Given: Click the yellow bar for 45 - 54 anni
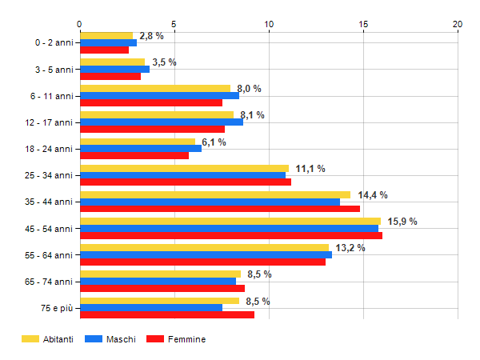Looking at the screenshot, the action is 230,221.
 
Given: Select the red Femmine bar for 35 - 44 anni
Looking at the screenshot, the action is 220,209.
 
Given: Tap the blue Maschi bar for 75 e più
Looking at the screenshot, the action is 151,308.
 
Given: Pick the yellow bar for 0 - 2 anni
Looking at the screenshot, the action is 106,35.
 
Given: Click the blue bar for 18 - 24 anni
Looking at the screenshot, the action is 141,149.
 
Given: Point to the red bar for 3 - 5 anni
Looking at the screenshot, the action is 110,76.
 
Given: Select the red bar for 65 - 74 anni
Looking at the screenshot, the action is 162,288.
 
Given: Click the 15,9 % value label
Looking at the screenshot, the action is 402,222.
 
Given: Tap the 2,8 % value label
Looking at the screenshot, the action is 151,36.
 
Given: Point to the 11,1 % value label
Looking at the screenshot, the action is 310,169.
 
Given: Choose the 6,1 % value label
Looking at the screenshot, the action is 214,142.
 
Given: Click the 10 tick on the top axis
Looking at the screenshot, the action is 269,24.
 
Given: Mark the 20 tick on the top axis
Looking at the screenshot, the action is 458,24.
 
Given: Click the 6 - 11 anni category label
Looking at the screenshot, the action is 52,96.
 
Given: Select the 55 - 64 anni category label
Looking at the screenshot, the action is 49,255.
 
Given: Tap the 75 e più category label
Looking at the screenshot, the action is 57,308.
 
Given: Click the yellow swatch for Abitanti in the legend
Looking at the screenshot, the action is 30,339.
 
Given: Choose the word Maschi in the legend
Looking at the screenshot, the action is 121,339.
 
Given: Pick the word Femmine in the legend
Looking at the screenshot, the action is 186,339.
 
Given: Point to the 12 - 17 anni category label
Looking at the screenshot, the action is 49,122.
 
